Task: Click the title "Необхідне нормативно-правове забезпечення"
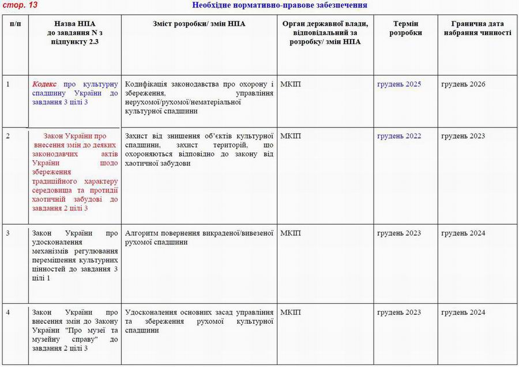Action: pos(279,5)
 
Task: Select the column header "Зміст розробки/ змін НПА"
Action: pos(200,24)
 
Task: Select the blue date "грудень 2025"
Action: pos(399,84)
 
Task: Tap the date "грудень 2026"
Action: pos(463,84)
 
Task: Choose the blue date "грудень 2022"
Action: pos(399,136)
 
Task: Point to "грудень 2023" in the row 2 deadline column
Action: pos(463,136)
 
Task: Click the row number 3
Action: pos(8,233)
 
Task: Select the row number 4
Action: pos(8,312)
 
